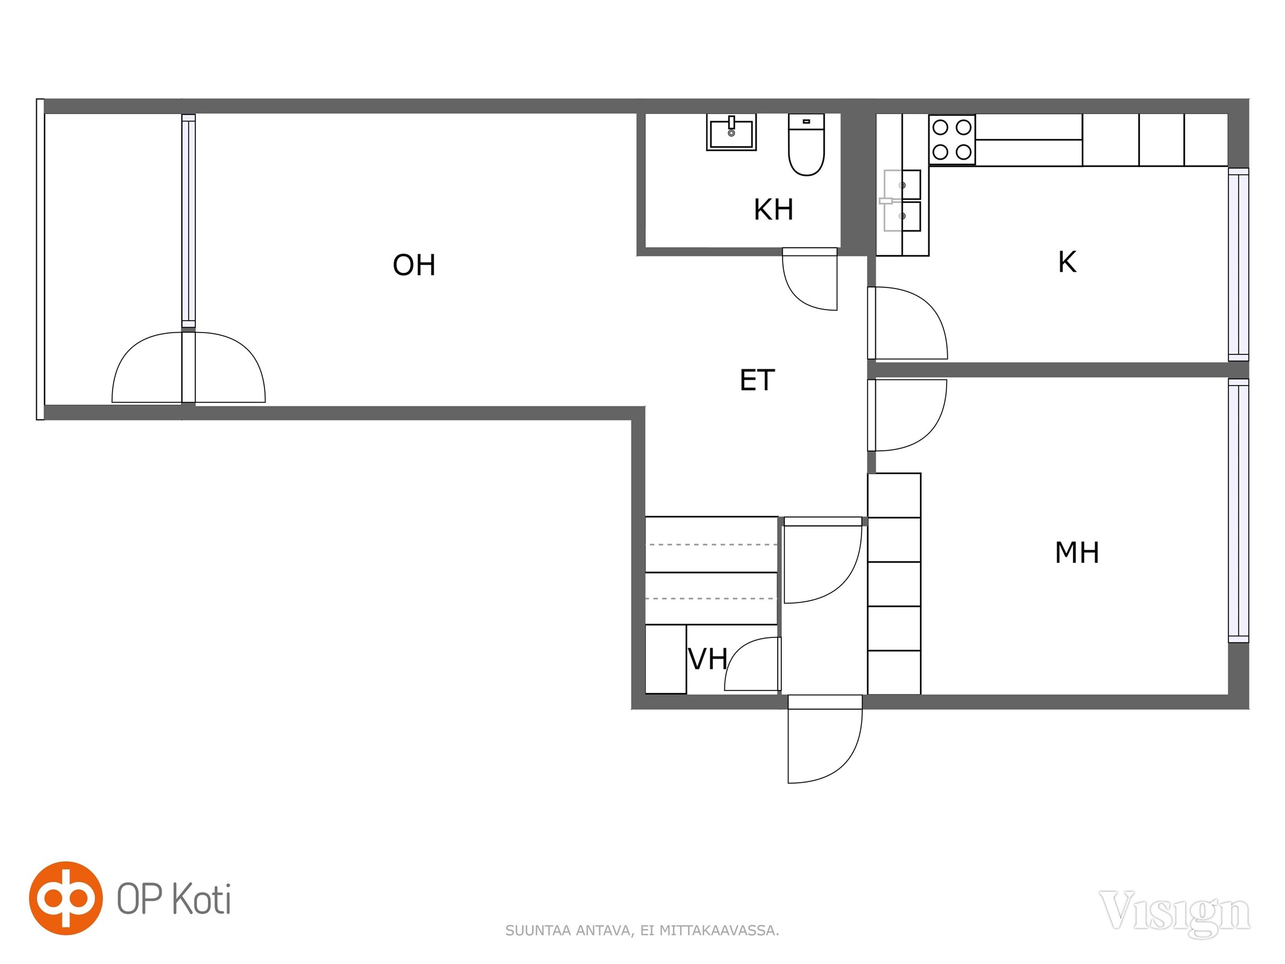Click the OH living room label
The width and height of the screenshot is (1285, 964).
click(x=414, y=264)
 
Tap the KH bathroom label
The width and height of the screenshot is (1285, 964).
click(x=774, y=210)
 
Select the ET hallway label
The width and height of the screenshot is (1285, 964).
click(x=757, y=380)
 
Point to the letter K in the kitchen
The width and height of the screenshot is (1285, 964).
click(x=1067, y=262)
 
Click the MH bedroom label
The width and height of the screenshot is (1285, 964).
click(x=1077, y=552)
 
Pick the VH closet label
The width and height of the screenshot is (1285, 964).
click(x=708, y=659)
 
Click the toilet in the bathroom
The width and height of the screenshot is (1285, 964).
click(x=806, y=145)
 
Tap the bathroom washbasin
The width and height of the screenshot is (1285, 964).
click(x=731, y=133)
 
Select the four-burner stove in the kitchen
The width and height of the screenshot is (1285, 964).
click(x=952, y=140)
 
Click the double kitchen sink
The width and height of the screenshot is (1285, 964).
click(x=902, y=201)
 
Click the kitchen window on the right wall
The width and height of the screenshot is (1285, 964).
click(x=1239, y=264)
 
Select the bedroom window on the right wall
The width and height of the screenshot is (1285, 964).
click(x=1239, y=510)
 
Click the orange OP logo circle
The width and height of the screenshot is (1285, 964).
click(x=66, y=898)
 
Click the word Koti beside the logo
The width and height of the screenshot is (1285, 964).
click(x=202, y=899)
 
